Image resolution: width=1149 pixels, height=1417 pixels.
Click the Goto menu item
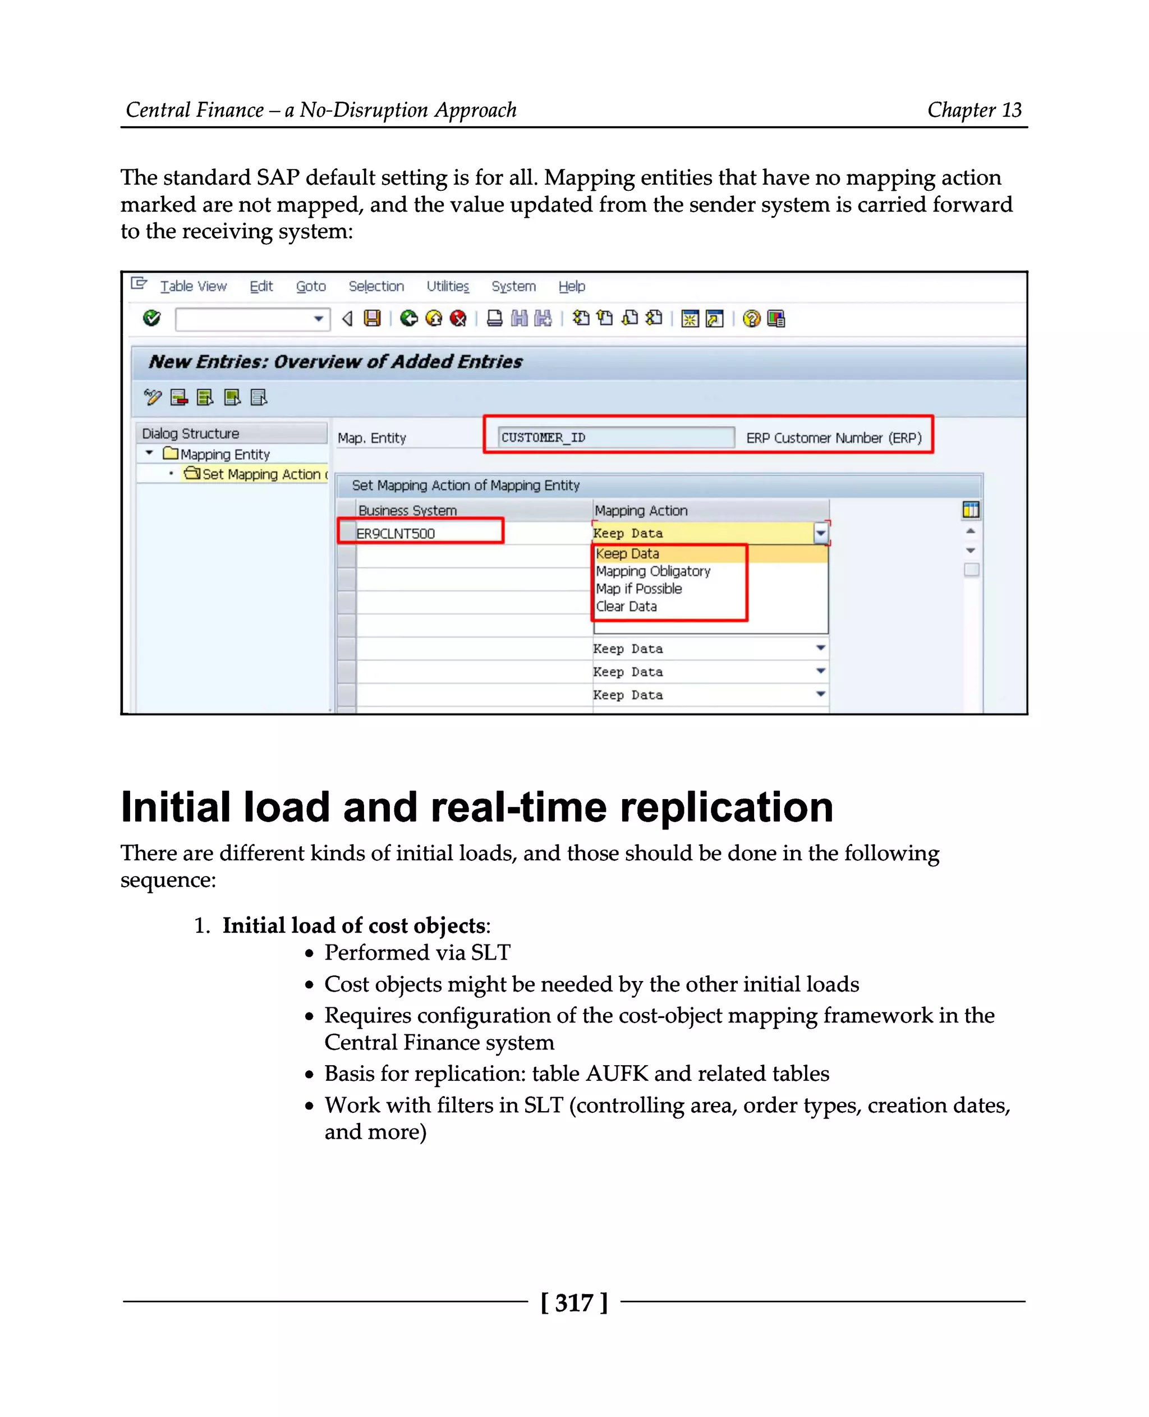tap(310, 286)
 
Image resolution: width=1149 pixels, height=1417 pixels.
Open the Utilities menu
tap(447, 286)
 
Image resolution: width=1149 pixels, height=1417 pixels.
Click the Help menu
tap(571, 286)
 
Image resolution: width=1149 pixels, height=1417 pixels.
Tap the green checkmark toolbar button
tap(151, 319)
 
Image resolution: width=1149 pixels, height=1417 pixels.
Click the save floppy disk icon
tap(373, 319)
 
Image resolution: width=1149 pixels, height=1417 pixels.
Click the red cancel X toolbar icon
tap(458, 319)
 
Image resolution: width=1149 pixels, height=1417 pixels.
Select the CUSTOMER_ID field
tap(615, 437)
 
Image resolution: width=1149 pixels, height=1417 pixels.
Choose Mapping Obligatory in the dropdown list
tap(652, 571)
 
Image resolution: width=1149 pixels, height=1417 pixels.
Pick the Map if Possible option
tap(638, 589)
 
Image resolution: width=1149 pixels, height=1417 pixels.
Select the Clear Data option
tap(626, 607)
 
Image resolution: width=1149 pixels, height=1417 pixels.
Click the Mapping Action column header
tap(641, 511)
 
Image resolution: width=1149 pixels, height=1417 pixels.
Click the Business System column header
tap(407, 511)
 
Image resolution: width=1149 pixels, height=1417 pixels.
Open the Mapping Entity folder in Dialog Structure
tap(224, 454)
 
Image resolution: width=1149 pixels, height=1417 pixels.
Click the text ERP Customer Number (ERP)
tap(833, 438)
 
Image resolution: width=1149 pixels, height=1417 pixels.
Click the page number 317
tap(574, 1303)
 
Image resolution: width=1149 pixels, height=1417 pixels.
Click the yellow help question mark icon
tap(751, 319)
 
